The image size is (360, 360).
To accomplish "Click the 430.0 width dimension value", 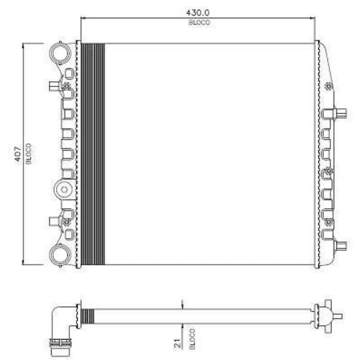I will click(198, 13).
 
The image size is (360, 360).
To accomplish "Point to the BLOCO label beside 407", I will click(29, 154).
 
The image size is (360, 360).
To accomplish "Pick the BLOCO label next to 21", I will click(191, 339).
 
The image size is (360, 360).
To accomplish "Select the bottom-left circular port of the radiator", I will click(59, 255).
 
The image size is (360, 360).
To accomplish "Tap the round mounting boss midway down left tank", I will click(64, 189).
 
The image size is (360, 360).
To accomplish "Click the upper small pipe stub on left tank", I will click(54, 86).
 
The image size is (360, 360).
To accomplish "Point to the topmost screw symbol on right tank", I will click(328, 86).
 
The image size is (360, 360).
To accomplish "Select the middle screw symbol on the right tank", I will click(328, 170).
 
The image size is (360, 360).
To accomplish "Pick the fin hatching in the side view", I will click(88, 316).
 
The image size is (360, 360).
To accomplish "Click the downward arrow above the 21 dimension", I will click(184, 305).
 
